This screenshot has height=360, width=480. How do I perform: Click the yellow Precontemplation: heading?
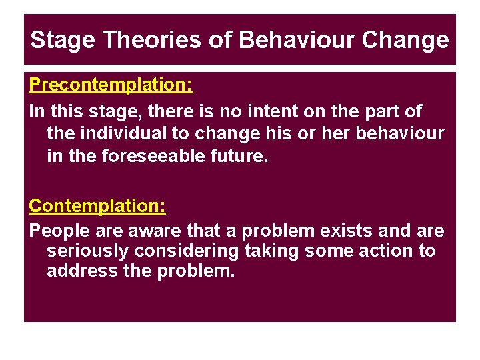(111, 85)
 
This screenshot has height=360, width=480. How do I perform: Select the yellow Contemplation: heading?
(97, 205)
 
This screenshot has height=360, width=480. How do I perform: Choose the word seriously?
(87, 251)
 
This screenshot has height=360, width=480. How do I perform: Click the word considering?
(185, 251)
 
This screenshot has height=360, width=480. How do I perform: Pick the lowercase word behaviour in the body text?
(399, 133)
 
